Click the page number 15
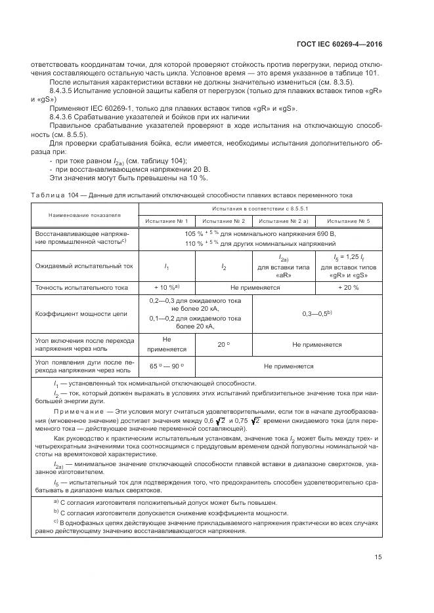tap(378, 557)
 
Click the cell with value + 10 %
tap(166, 287)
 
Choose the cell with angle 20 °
tap(224, 344)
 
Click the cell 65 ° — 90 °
tap(167, 366)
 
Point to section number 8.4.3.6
tap(64, 116)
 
